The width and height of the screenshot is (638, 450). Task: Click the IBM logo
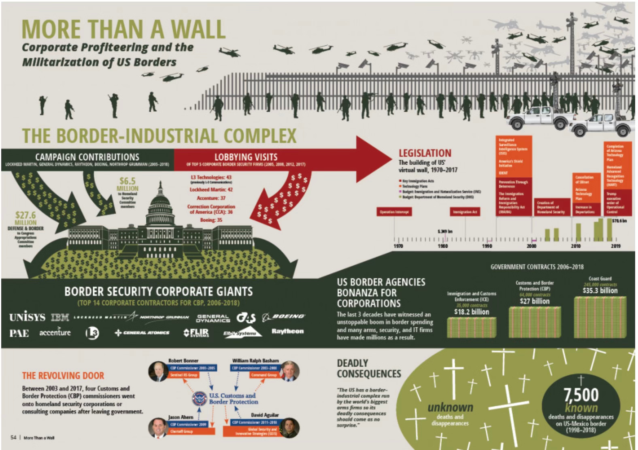coord(60,317)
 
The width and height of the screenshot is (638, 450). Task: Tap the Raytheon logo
coord(287,331)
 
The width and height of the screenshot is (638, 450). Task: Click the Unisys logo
coord(27,317)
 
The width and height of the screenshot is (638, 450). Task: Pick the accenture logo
coord(55,333)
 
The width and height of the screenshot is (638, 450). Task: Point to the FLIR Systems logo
coord(196,333)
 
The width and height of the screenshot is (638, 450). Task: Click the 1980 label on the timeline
coord(443,246)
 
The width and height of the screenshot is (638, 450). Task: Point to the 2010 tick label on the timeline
coord(575,246)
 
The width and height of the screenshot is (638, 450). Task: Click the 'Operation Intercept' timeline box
coord(394,212)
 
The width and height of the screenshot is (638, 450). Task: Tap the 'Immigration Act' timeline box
coord(465,212)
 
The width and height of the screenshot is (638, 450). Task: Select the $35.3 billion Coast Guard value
coord(600,291)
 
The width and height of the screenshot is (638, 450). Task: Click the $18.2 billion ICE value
coord(472,312)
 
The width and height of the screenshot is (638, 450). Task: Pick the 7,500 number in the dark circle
coord(581,395)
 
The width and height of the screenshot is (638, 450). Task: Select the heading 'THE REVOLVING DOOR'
coord(63,376)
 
